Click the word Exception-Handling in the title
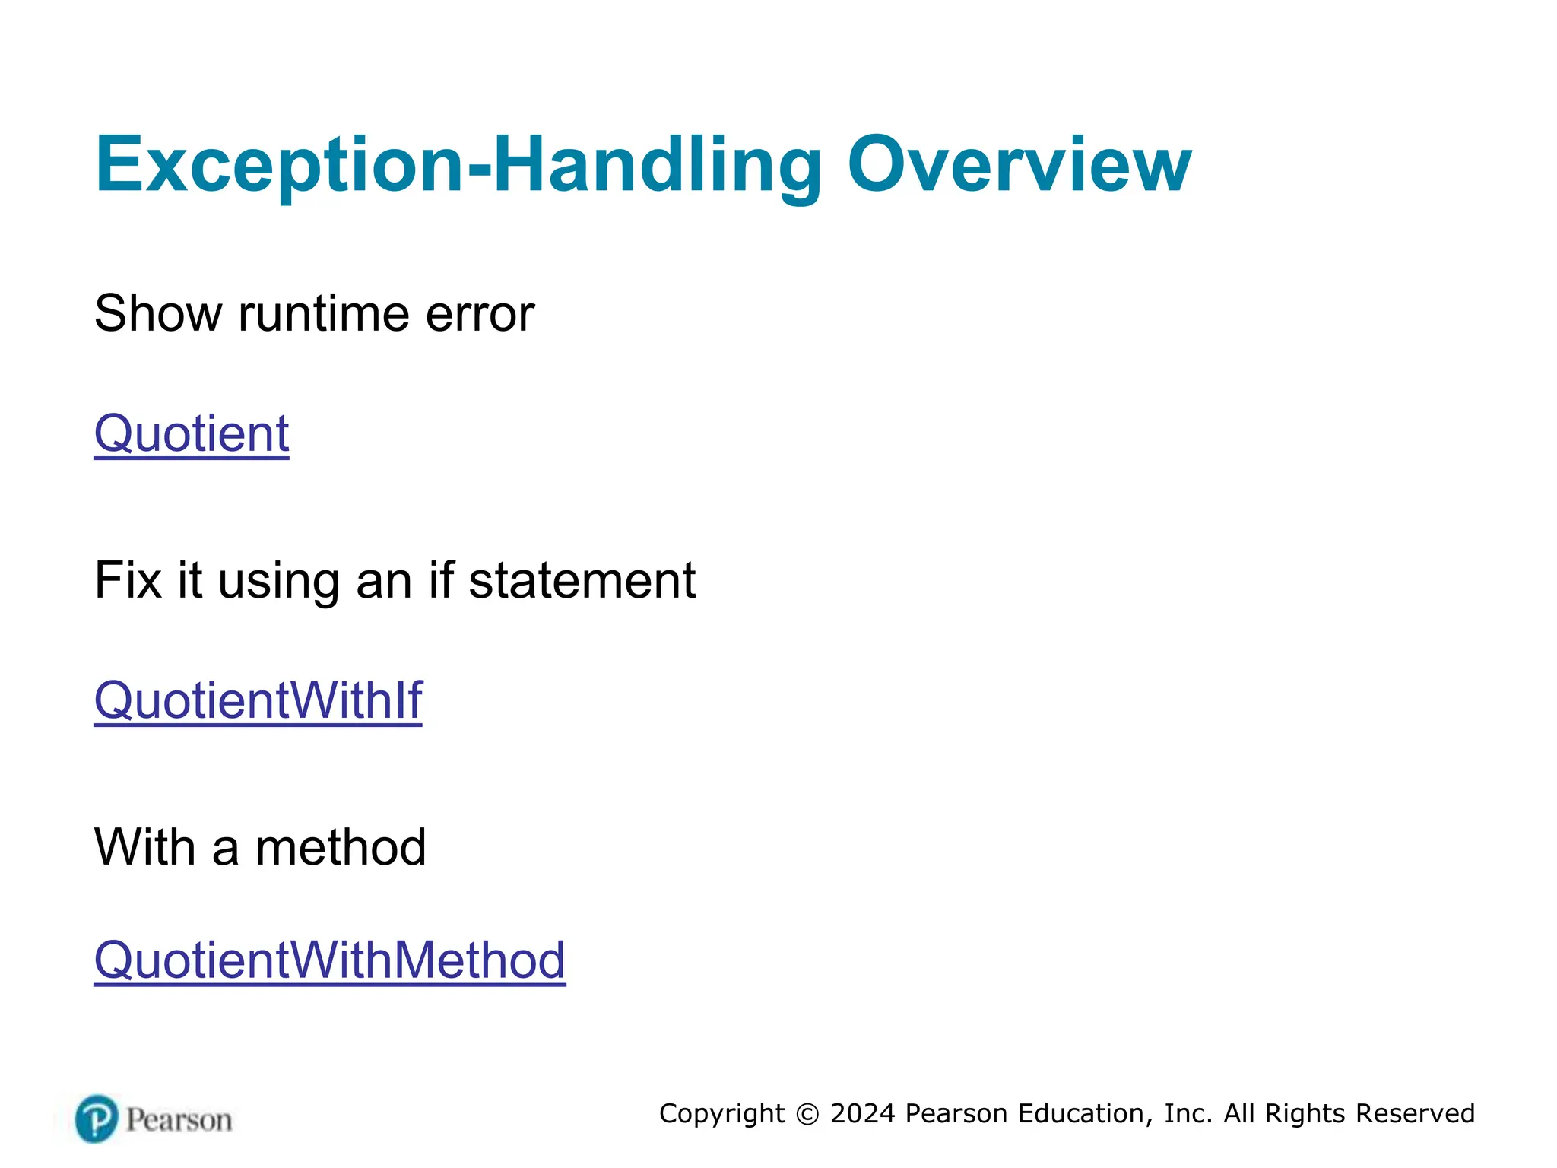click(458, 164)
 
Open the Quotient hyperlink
click(192, 433)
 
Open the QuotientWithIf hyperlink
click(258, 700)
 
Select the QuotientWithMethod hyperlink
click(329, 960)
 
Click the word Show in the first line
click(158, 313)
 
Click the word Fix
click(128, 580)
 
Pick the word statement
click(582, 580)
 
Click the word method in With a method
click(341, 847)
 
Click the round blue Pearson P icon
click(97, 1119)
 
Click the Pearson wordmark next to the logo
click(179, 1120)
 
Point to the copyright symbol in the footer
click(807, 1114)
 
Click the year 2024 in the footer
click(863, 1113)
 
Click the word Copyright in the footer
click(721, 1114)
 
